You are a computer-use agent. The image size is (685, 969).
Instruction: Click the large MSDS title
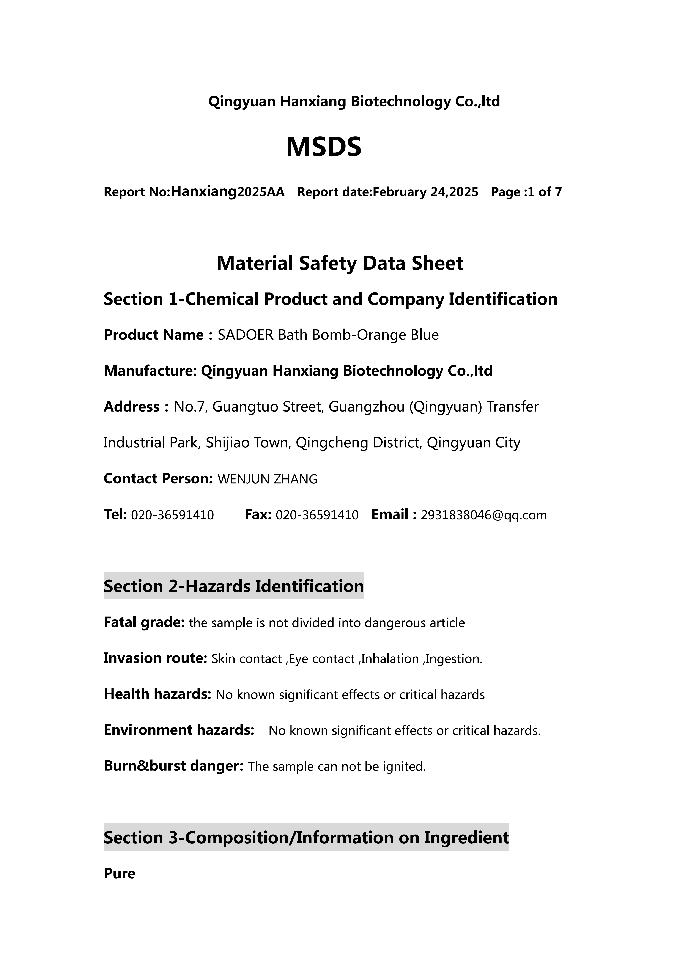[324, 147]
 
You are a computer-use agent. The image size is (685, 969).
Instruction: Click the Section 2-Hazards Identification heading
[234, 586]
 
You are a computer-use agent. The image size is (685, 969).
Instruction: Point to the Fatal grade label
[144, 622]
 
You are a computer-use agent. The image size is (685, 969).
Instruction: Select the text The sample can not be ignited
[337, 766]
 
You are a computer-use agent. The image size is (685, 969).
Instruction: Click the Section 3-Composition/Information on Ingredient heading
[306, 837]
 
